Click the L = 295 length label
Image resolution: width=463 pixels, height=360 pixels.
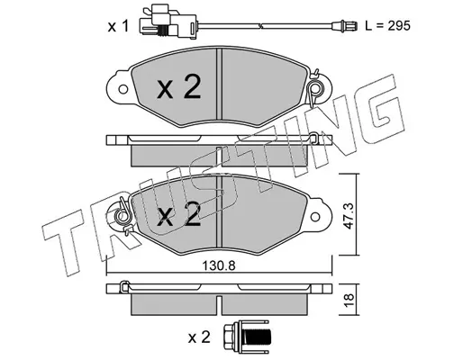pos(387,26)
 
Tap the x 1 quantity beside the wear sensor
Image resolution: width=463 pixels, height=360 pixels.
pos(118,26)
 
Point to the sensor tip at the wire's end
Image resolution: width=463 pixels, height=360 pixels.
pos(344,26)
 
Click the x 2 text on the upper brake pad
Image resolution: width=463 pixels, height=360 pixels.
pos(178,86)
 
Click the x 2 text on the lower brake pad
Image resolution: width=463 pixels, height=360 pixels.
pos(178,214)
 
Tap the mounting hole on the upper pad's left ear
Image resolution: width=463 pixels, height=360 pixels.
pos(123,89)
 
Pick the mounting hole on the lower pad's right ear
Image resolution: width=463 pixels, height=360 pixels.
pos(315,217)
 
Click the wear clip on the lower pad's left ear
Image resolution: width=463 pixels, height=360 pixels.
pos(123,215)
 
